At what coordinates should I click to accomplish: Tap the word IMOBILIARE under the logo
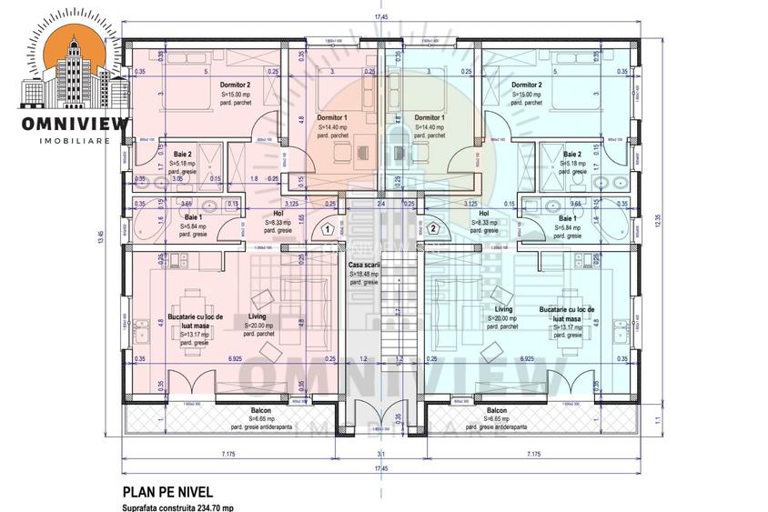75,141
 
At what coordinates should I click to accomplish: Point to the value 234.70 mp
212,507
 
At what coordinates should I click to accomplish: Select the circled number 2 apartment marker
433,229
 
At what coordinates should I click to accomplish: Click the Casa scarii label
364,265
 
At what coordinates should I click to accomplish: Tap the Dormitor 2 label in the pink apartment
235,85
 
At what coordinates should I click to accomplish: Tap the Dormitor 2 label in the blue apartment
527,85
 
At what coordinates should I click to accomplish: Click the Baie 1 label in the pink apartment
193,218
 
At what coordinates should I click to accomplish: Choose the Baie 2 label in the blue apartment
572,156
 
